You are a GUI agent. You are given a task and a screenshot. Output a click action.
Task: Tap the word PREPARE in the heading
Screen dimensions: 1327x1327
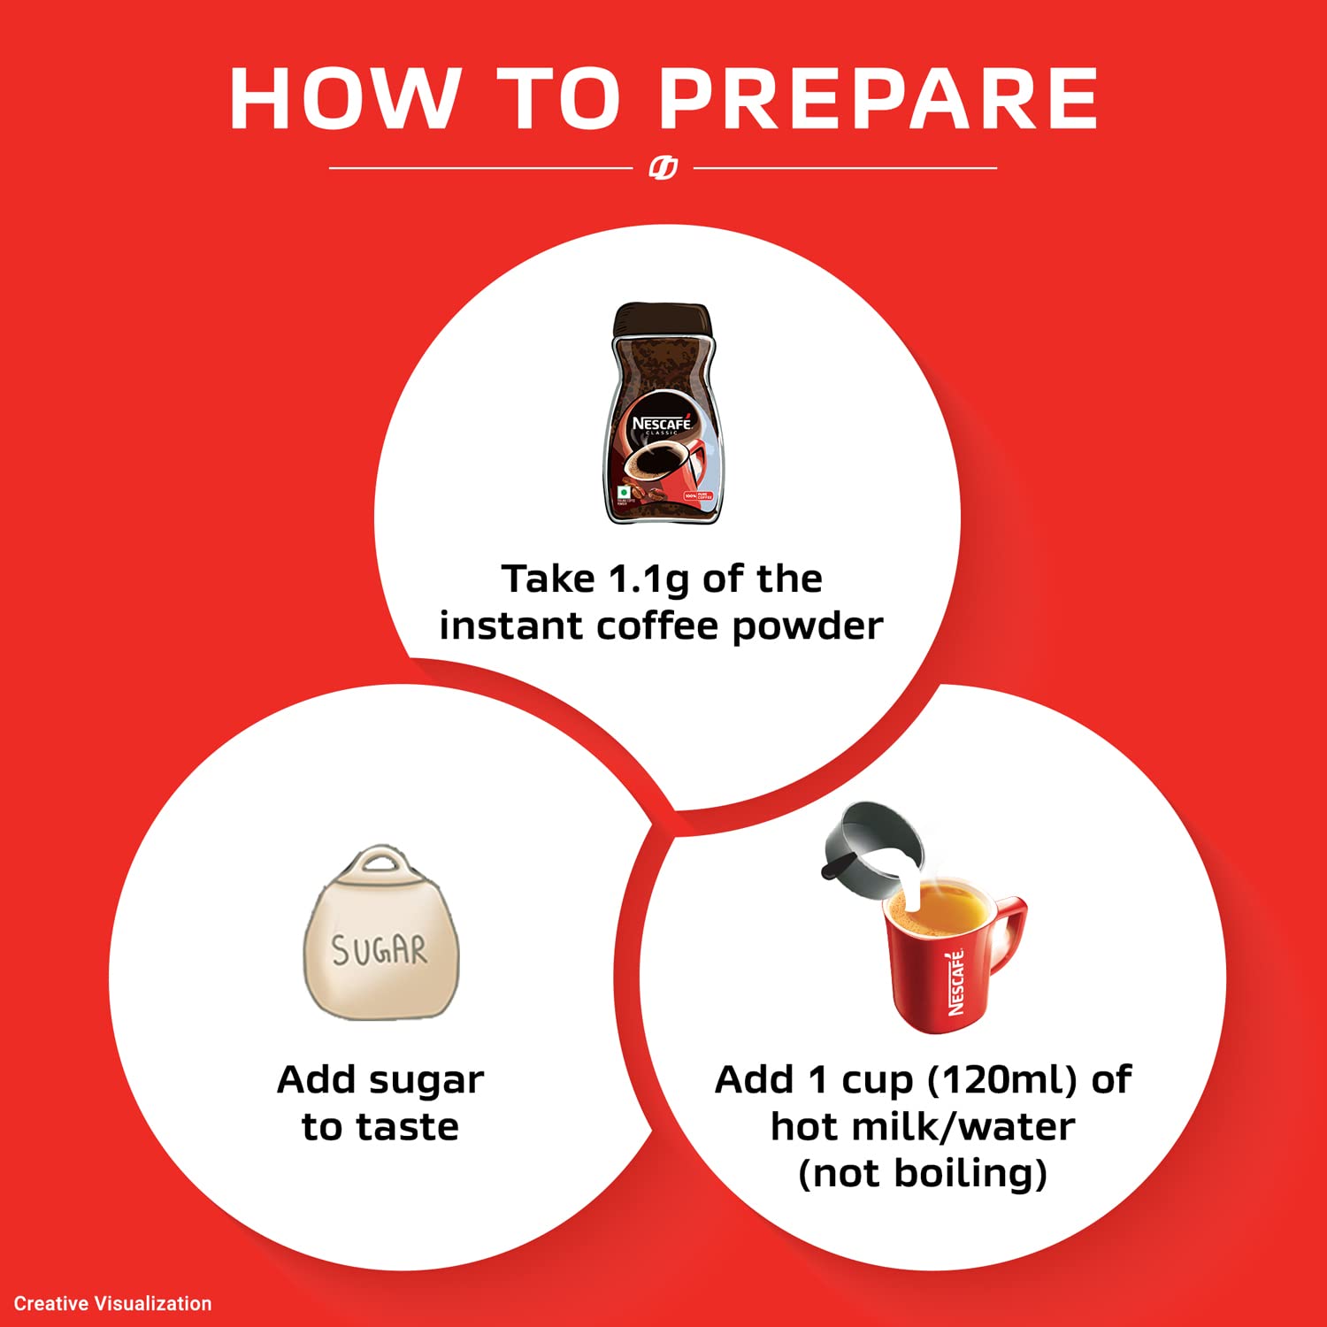pos(879,98)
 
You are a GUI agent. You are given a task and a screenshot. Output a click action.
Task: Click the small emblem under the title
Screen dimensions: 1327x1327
pos(663,167)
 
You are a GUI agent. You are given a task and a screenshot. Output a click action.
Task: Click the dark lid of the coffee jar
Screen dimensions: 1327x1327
pos(663,319)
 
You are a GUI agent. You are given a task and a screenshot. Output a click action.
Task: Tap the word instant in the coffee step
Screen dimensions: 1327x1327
pos(512,626)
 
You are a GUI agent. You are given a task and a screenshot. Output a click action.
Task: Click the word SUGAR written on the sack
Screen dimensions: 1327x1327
pos(380,950)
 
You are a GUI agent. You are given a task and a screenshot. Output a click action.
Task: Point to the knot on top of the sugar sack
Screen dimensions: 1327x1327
pos(381,863)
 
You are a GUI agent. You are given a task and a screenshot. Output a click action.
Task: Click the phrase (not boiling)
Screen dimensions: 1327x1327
pos(923,1174)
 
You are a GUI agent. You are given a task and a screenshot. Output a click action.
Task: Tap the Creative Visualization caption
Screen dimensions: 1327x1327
pos(113,1303)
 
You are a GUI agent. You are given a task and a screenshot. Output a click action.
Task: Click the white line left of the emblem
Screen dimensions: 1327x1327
pos(480,167)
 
